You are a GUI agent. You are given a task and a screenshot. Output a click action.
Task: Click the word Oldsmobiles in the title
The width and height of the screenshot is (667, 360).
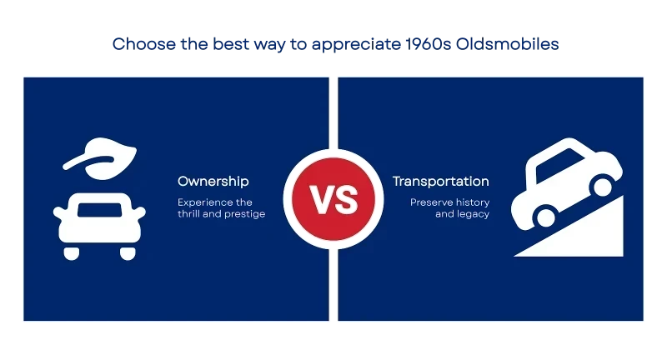click(x=507, y=44)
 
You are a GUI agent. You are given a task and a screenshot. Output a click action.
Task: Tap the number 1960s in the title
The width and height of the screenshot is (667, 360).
click(x=428, y=44)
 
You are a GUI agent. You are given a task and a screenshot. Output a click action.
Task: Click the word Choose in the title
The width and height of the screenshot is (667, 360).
click(x=143, y=44)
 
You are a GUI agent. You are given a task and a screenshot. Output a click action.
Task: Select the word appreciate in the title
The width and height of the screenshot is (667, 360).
click(x=356, y=45)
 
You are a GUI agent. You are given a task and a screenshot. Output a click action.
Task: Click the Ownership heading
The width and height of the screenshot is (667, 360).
click(x=213, y=182)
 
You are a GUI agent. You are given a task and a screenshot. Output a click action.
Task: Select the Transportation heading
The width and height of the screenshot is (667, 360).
click(x=441, y=182)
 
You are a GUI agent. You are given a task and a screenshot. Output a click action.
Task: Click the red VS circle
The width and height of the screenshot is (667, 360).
click(x=333, y=199)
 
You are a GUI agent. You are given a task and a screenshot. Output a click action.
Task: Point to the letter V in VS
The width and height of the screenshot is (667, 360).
click(x=321, y=199)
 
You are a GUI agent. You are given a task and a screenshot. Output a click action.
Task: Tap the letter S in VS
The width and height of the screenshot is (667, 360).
click(x=346, y=199)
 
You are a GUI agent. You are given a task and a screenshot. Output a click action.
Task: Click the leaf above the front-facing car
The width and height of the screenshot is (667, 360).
click(x=102, y=158)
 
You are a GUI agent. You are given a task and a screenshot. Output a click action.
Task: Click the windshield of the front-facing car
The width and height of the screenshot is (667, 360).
click(x=99, y=210)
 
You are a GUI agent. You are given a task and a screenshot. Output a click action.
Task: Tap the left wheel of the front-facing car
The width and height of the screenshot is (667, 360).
click(x=72, y=253)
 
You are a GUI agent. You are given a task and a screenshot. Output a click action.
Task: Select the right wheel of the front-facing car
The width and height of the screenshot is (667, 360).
click(x=128, y=253)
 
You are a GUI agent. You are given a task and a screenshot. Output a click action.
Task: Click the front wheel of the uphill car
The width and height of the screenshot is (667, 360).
click(x=602, y=186)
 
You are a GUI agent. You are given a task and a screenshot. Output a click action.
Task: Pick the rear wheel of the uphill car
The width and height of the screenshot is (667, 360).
click(x=546, y=217)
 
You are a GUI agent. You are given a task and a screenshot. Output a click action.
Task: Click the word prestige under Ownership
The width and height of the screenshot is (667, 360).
click(x=247, y=214)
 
